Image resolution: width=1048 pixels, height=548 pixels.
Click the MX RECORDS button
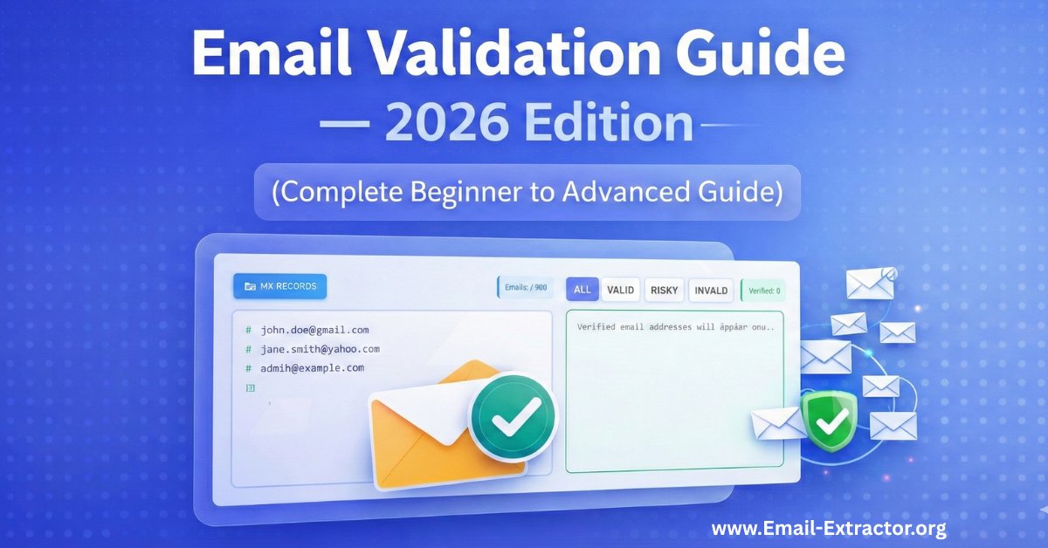tap(275, 285)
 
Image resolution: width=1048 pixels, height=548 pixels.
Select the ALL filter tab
tap(582, 290)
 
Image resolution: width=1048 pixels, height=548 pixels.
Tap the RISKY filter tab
tap(665, 290)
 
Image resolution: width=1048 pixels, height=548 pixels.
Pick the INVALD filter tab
tap(711, 290)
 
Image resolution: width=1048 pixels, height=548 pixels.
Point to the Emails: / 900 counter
tap(527, 288)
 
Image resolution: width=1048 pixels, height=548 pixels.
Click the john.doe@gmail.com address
tap(314, 330)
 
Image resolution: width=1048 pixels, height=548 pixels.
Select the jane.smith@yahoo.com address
tap(320, 349)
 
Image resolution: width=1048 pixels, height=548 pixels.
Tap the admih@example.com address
tap(312, 368)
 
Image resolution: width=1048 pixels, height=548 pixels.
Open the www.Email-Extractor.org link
tap(829, 529)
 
